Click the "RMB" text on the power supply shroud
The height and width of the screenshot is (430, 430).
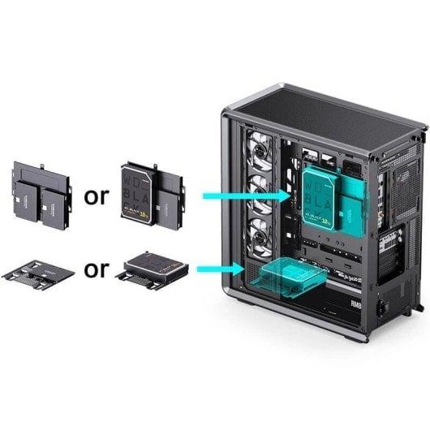coord(354,305)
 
